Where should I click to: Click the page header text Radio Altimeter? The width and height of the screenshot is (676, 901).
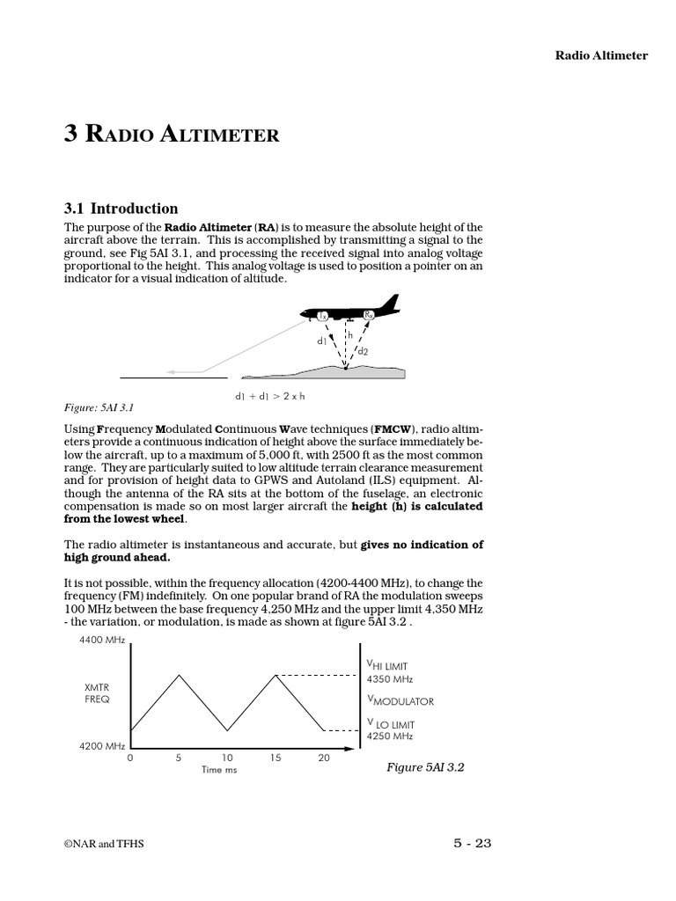[600, 55]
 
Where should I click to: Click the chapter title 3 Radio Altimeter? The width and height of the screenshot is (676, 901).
[172, 134]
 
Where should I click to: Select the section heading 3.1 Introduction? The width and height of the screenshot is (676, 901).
[121, 209]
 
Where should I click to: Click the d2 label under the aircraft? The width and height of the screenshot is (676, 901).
[362, 351]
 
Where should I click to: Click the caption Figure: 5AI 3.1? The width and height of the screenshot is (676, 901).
[98, 407]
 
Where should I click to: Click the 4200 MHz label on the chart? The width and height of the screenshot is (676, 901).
[102, 745]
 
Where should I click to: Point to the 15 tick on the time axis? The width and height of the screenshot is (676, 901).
[276, 758]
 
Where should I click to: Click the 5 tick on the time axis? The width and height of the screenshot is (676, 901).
[179, 758]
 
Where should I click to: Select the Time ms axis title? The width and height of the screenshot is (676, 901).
[219, 769]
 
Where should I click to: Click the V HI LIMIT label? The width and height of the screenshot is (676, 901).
[388, 667]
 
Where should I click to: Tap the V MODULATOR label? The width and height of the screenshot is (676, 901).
[400, 701]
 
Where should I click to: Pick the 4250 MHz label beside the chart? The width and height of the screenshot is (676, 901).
[389, 736]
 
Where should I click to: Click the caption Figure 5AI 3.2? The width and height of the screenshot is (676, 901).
[425, 767]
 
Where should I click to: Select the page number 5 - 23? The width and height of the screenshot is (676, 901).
[472, 843]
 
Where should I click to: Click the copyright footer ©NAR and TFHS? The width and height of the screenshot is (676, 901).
[104, 844]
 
